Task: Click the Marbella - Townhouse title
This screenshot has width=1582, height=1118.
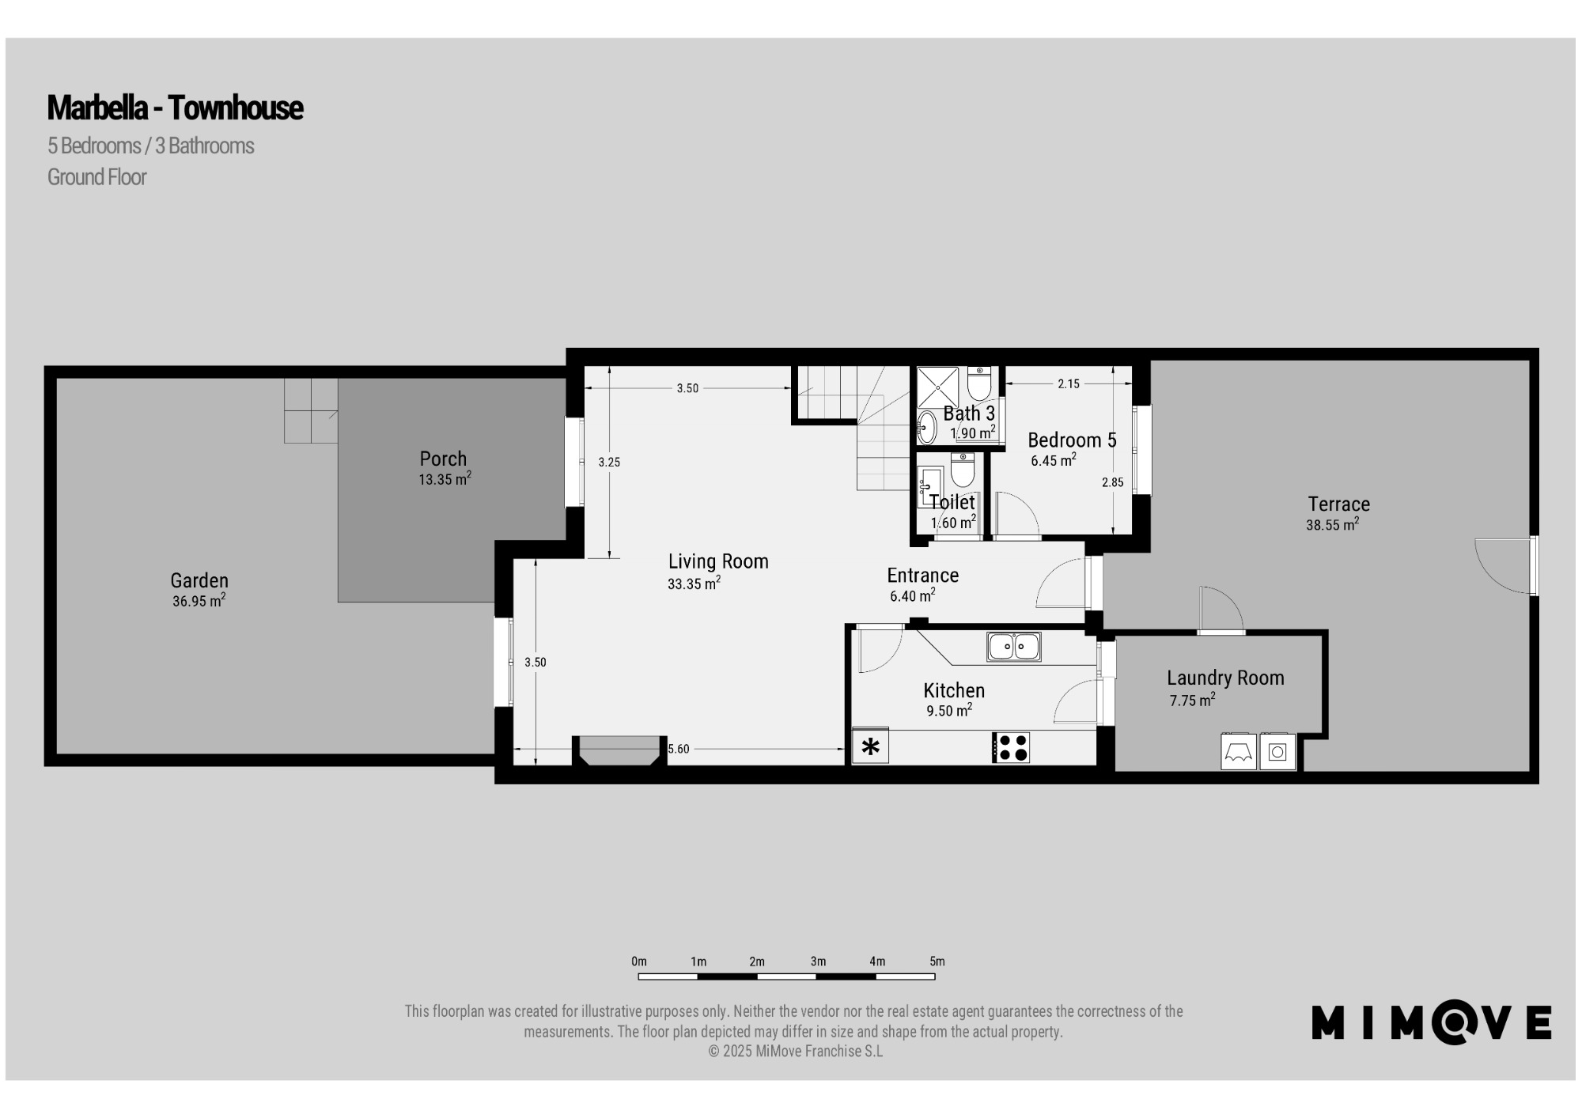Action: pyautogui.click(x=175, y=108)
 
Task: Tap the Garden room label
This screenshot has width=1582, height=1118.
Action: pyautogui.click(x=199, y=580)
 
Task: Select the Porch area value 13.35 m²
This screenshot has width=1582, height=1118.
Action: pyautogui.click(x=445, y=478)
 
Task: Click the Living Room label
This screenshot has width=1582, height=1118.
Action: pyautogui.click(x=718, y=561)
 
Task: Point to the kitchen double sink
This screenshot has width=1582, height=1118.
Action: pyautogui.click(x=1013, y=647)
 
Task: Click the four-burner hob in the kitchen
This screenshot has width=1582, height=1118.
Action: pyautogui.click(x=1011, y=747)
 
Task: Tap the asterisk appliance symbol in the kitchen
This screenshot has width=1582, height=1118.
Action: pyautogui.click(x=870, y=747)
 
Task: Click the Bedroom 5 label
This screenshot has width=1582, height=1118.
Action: pyautogui.click(x=1072, y=440)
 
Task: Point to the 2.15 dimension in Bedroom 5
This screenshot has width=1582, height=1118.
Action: pyautogui.click(x=1069, y=383)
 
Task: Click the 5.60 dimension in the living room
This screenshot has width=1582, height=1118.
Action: pyautogui.click(x=679, y=749)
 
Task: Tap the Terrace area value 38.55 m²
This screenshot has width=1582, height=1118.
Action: pyautogui.click(x=1333, y=524)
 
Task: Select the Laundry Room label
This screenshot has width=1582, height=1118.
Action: pyautogui.click(x=1225, y=678)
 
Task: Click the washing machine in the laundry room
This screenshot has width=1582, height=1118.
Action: pyautogui.click(x=1277, y=752)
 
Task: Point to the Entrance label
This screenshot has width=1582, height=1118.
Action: pyautogui.click(x=923, y=576)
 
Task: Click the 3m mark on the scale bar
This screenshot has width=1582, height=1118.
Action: pyautogui.click(x=818, y=961)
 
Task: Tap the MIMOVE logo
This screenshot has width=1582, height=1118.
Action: pyautogui.click(x=1431, y=1022)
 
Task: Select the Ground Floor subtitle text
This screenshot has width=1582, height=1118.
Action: pyautogui.click(x=97, y=177)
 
